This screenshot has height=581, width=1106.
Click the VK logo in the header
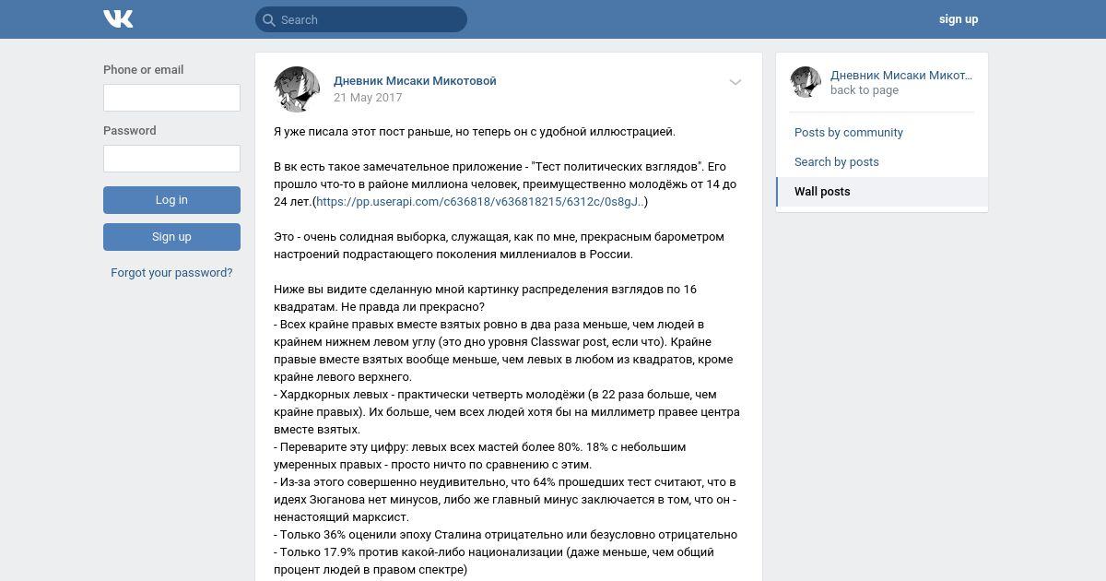point(118,18)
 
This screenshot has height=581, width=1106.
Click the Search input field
point(369,19)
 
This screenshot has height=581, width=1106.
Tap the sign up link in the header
point(958,19)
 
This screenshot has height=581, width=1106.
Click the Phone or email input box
point(171,98)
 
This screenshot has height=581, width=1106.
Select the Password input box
point(171,159)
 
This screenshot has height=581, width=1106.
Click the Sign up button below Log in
point(171,237)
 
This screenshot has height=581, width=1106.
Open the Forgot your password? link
point(171,273)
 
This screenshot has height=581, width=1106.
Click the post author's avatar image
point(297,89)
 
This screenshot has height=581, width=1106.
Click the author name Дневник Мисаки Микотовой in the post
point(415,81)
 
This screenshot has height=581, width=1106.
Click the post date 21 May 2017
point(368,98)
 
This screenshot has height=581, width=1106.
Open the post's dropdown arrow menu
point(735,82)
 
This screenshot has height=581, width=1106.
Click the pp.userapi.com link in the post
point(479,202)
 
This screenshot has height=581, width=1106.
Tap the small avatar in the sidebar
point(806,82)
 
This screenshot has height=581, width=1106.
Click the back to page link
point(864,90)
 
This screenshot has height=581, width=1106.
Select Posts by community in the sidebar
point(848,133)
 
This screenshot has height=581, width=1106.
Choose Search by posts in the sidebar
point(836,162)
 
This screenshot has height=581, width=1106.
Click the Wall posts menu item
point(822,192)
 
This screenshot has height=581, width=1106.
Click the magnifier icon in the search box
point(269,19)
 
